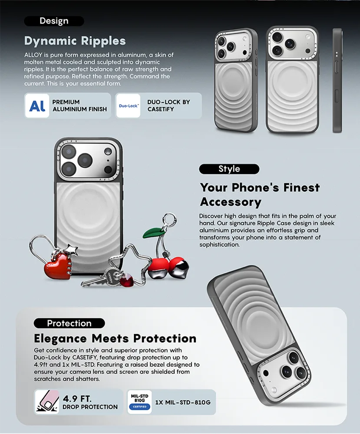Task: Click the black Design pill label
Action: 54,21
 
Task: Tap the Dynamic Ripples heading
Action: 75,41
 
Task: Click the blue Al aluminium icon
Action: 37,106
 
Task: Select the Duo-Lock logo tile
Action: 128,106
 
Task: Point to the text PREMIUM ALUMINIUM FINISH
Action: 79,106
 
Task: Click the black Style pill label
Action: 229,169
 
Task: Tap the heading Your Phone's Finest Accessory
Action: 260,194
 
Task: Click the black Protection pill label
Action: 69,323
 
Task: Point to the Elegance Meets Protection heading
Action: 115,339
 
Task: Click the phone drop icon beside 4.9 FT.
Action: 47,402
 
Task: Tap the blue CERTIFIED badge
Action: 139,407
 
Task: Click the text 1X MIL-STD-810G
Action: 183,402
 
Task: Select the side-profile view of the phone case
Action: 337,81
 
